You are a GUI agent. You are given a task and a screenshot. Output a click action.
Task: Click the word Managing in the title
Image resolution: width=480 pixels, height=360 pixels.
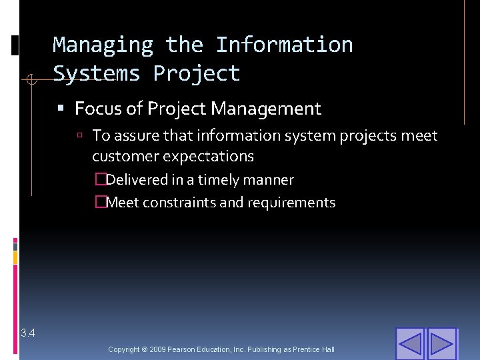pyautogui.click(x=103, y=45)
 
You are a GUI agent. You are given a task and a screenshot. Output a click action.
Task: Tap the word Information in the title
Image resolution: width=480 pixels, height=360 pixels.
pyautogui.click(x=284, y=45)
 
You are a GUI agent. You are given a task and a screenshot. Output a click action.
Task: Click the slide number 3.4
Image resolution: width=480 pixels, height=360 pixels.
pyautogui.click(x=28, y=333)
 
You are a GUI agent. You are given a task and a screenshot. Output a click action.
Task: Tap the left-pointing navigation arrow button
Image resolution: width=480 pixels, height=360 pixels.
pyautogui.click(x=410, y=344)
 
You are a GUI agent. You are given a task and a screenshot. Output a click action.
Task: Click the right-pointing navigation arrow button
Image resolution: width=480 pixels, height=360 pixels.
pyautogui.click(x=441, y=344)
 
